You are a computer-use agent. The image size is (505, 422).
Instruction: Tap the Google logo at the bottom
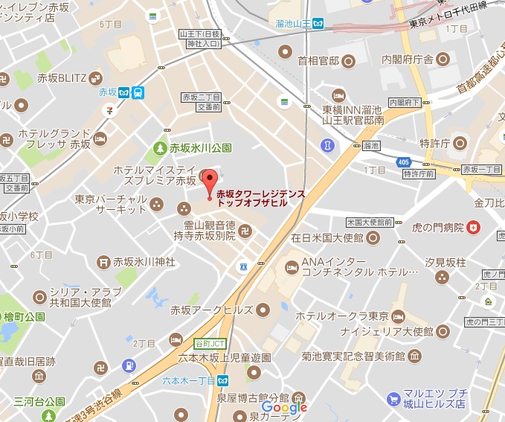[284, 407]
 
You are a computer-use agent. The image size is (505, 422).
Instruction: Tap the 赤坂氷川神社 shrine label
[144, 262]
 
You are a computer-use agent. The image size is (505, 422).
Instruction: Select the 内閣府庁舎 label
[407, 58]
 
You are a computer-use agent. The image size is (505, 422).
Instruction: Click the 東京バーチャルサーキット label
[111, 204]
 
